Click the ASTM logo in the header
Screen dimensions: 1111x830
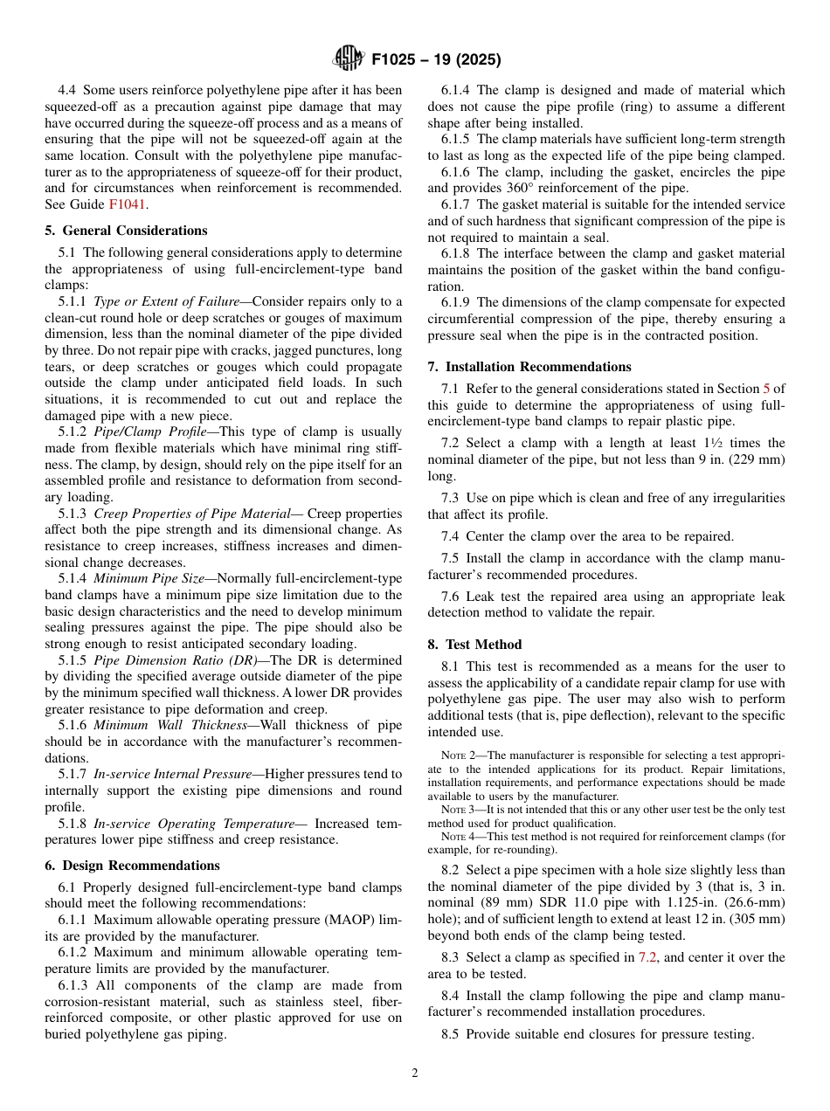[348, 59]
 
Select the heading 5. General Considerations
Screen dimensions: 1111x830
[126, 231]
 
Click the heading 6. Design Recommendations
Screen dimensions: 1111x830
[132, 866]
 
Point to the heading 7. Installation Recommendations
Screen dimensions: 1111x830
[529, 367]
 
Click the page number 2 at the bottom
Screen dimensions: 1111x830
[415, 1073]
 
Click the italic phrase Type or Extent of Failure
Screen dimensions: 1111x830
[166, 302]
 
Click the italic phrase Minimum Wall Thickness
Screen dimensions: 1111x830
[170, 726]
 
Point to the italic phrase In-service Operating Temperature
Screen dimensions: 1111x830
[194, 824]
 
